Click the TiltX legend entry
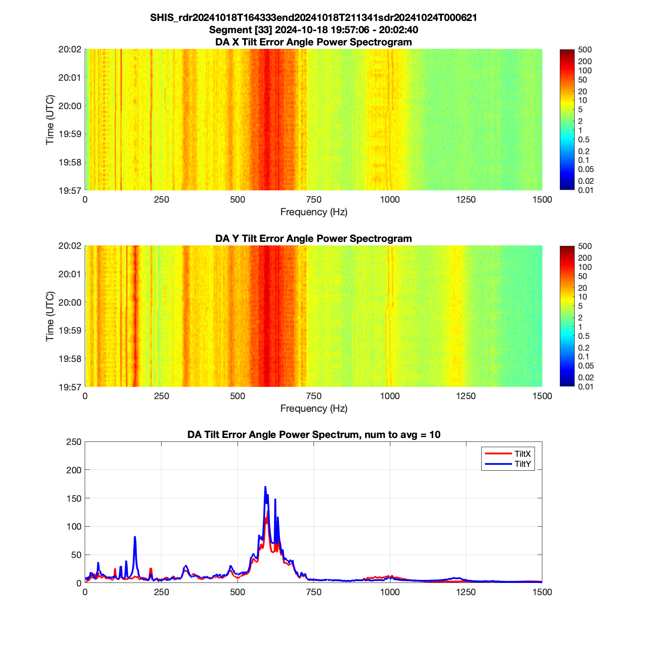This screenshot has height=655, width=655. (522, 454)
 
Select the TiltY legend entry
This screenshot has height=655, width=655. (522, 464)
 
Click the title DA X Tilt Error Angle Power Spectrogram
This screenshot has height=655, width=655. (314, 42)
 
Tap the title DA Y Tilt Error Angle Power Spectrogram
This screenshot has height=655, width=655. (314, 239)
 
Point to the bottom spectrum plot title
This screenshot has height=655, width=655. (314, 435)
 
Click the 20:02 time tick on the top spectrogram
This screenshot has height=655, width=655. (70, 49)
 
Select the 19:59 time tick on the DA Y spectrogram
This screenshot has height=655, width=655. (70, 331)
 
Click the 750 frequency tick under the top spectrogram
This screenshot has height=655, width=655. (314, 200)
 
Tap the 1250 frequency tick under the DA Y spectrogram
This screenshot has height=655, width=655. (466, 396)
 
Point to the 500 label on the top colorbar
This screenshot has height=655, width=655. (585, 50)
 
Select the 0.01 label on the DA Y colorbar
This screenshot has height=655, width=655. (586, 386)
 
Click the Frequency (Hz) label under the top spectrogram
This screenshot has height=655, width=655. (314, 212)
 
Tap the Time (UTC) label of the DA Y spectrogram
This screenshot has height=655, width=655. (50, 316)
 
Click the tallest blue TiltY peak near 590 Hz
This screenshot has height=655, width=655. (265, 487)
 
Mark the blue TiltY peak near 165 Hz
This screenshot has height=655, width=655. (135, 537)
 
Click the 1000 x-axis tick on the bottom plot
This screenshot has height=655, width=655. (390, 593)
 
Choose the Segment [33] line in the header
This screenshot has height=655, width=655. (314, 30)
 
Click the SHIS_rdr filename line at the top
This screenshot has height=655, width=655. (314, 18)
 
